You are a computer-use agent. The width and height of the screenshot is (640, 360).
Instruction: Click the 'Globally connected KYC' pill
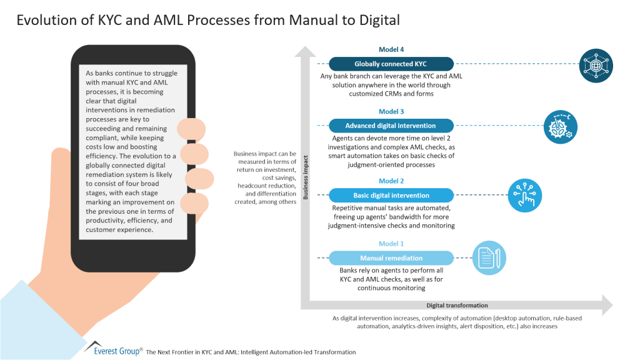[391, 64]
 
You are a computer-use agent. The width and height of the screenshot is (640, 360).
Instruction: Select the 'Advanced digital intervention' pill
[391, 126]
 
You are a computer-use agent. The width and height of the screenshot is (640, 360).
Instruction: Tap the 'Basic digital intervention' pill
[391, 195]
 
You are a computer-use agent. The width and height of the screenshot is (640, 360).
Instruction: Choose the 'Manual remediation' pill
[391, 258]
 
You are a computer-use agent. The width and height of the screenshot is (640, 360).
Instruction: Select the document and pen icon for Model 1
[488, 258]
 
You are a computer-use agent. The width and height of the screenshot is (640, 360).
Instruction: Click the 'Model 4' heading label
[391, 49]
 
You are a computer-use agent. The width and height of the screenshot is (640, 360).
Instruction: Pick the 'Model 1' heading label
[391, 244]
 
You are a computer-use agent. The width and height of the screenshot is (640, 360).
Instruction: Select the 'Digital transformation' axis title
[457, 306]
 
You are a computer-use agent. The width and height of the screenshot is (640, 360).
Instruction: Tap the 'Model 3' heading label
[391, 111]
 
